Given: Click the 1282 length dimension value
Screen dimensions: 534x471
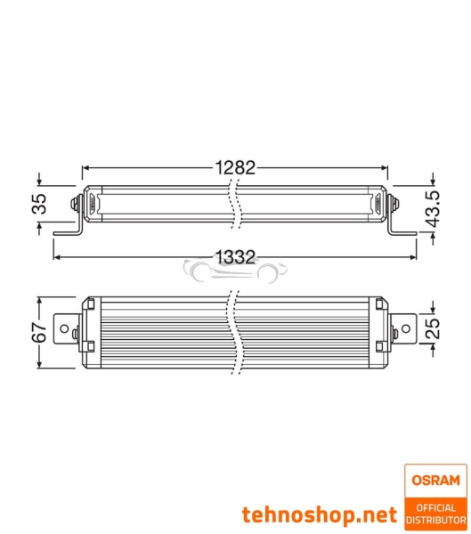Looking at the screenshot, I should [235, 166].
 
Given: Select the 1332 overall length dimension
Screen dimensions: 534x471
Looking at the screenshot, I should [235, 257].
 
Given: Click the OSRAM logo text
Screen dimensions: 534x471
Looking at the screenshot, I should [434, 481].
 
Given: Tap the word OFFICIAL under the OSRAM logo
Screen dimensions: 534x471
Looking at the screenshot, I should [434, 507].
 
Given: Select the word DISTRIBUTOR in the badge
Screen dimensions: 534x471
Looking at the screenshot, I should [434, 519].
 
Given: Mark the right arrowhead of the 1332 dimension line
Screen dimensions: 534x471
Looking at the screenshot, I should [412, 257].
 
